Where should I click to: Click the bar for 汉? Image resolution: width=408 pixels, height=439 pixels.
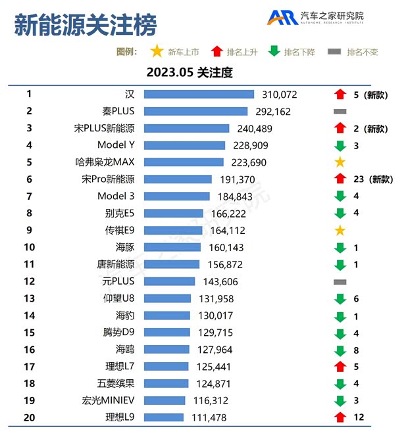pyautogui.click(x=199, y=95)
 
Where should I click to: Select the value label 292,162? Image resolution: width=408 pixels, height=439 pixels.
pyautogui.click(x=272, y=112)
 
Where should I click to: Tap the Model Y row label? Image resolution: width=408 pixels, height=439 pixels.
pyautogui.click(x=116, y=145)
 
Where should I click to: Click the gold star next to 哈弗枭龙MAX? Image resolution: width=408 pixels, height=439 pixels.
pyautogui.click(x=340, y=162)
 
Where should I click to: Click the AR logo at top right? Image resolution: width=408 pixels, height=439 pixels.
pyautogui.click(x=282, y=18)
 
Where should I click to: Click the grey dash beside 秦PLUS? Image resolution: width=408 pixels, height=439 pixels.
pyautogui.click(x=340, y=112)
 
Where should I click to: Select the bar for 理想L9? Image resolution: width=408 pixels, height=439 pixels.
pyautogui.click(x=164, y=417)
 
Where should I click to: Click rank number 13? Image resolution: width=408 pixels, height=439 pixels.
pyautogui.click(x=29, y=298)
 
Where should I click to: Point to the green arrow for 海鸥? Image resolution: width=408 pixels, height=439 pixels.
pyautogui.click(x=340, y=350)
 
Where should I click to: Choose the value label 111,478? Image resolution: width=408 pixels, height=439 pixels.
pyautogui.click(x=206, y=417)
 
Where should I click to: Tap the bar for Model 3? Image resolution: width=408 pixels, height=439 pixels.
pyautogui.click(x=176, y=196)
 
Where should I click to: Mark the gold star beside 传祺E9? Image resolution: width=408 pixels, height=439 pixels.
pyautogui.click(x=340, y=230)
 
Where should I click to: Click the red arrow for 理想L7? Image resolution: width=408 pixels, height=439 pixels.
pyautogui.click(x=340, y=366)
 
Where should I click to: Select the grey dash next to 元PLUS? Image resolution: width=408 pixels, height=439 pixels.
pyautogui.click(x=340, y=281)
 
